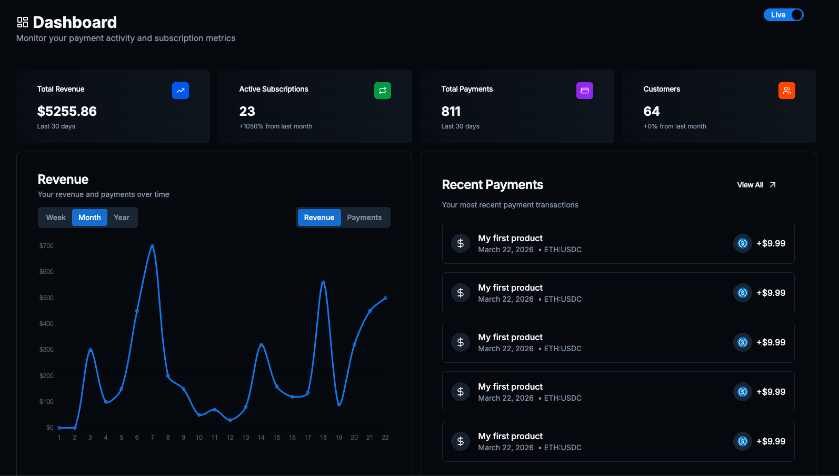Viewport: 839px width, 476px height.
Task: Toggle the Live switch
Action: pos(783,15)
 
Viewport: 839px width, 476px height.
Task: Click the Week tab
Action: pos(56,217)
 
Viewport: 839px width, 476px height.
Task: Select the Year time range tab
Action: pos(122,217)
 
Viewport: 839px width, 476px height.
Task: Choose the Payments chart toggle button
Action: pos(364,217)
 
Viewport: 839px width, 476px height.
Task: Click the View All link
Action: pos(756,185)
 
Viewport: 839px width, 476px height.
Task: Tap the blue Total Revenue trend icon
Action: pos(181,91)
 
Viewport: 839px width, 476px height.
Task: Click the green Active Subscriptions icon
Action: pos(383,91)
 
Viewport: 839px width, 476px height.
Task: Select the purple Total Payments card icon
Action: pos(585,91)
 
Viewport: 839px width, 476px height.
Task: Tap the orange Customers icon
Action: pos(787,91)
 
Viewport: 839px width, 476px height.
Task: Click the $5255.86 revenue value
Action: pos(67,112)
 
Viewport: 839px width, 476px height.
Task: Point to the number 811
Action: pos(451,112)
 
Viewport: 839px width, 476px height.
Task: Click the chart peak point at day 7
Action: pos(153,246)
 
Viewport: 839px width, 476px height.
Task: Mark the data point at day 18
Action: pos(323,283)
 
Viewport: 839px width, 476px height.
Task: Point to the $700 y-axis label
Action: pos(46,246)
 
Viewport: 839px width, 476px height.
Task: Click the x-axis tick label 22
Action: pos(385,438)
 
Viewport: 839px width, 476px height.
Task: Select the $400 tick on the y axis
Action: pos(46,324)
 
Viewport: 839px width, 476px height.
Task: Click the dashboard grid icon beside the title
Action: pos(23,22)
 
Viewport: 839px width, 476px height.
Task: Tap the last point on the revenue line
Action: pos(386,298)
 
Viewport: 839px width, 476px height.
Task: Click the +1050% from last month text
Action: pos(276,126)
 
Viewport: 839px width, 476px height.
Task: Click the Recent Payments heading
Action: pos(493,185)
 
